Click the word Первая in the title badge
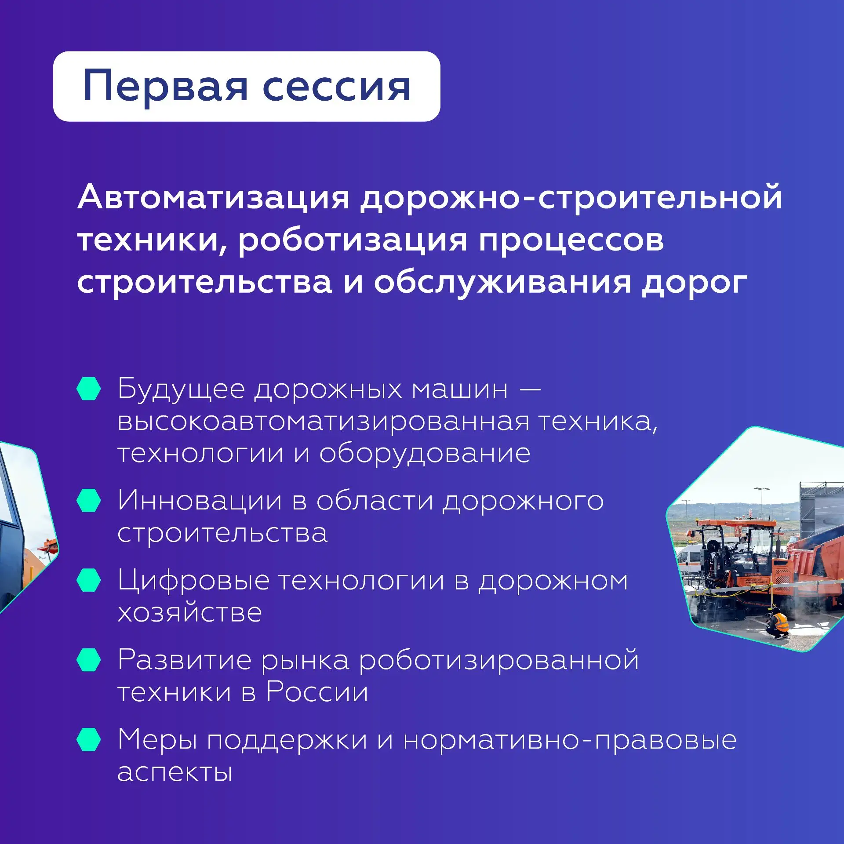(165, 86)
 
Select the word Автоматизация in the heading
(214, 197)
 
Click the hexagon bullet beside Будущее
(88, 389)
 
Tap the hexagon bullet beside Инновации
(88, 500)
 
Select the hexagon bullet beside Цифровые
(88, 580)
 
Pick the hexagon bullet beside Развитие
(88, 660)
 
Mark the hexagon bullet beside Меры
(88, 739)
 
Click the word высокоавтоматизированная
(324, 421)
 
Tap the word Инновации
(200, 500)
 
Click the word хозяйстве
(190, 612)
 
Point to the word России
(317, 692)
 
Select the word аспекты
(175, 772)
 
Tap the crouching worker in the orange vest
(779, 623)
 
